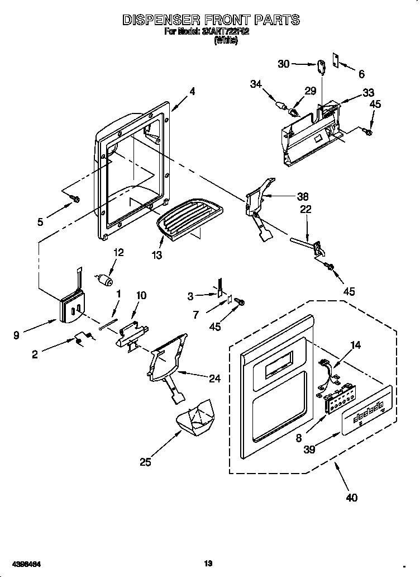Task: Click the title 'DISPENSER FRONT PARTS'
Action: click(211, 20)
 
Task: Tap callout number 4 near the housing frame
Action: click(192, 92)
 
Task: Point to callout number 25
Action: click(145, 462)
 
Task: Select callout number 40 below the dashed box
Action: click(352, 498)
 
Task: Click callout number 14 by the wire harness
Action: click(355, 345)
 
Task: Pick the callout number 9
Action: click(17, 336)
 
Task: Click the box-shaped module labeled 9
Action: click(70, 308)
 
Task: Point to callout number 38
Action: click(303, 196)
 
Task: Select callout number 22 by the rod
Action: click(306, 209)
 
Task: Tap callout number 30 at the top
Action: click(284, 64)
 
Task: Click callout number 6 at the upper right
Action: click(361, 74)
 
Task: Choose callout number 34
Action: click(256, 84)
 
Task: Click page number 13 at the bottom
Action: click(209, 563)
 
